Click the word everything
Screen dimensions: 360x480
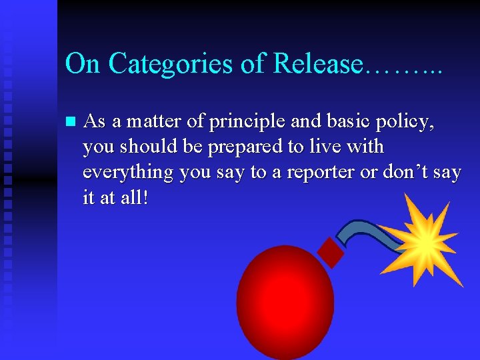pos(127,173)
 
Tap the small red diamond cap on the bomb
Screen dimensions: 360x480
pos(331,251)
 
